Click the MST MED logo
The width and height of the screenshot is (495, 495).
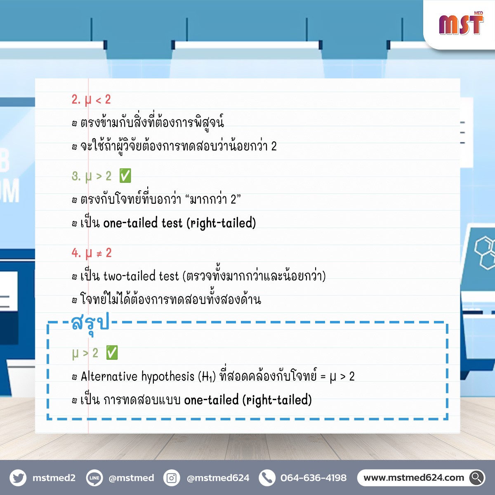pos(461,24)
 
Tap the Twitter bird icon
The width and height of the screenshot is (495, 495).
pos(18,478)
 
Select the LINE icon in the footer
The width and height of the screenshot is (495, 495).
pos(94,478)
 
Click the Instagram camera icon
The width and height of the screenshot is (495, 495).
pos(172,478)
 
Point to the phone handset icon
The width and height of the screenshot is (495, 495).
pos(267,478)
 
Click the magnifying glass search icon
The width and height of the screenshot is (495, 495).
pos(477,478)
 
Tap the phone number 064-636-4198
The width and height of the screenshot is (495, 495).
pos(313,478)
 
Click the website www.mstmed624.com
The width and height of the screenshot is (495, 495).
pos(414,478)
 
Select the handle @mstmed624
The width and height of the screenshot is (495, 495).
pos(218,478)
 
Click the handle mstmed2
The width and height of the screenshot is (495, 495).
pos(54,478)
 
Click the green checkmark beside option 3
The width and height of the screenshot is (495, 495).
pos(125,176)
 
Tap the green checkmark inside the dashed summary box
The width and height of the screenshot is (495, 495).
pos(112,352)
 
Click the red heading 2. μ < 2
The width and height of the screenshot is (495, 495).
pos(91,100)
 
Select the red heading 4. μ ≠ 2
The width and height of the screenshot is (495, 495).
pos(92,253)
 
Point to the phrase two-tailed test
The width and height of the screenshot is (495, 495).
pos(141,276)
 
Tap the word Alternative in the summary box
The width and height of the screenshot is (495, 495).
pos(109,376)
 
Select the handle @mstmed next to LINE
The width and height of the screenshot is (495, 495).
pos(132,478)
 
